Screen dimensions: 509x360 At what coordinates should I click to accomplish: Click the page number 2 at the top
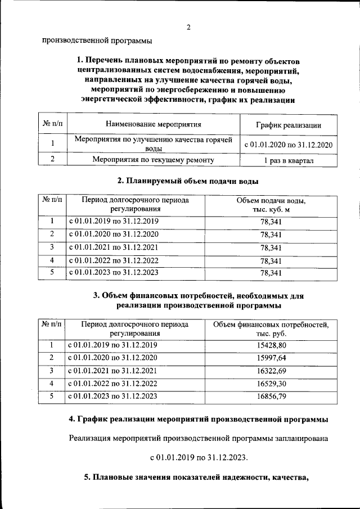[x=189, y=28]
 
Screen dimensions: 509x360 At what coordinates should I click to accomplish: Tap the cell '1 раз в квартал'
[x=288, y=161]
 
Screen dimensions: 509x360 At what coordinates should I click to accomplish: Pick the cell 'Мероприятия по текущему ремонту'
[x=154, y=160]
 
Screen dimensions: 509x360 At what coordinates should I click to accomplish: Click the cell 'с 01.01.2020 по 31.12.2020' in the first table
[x=288, y=145]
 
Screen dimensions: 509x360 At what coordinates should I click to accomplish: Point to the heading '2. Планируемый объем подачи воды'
[x=188, y=181]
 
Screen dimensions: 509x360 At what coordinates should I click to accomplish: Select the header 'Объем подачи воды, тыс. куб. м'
[x=271, y=205]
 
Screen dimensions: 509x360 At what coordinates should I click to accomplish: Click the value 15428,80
[x=271, y=345]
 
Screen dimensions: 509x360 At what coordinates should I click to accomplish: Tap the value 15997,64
[x=271, y=358]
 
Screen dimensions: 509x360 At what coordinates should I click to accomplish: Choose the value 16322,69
[x=271, y=371]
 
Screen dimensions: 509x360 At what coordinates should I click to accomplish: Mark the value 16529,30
[x=271, y=384]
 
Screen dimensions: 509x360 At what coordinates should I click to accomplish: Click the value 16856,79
[x=271, y=397]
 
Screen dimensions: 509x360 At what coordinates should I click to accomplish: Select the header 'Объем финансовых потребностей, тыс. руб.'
[x=271, y=329]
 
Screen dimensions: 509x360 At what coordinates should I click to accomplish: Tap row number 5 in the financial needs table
[x=51, y=397]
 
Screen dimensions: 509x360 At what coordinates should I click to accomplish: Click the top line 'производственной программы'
[x=97, y=40]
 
